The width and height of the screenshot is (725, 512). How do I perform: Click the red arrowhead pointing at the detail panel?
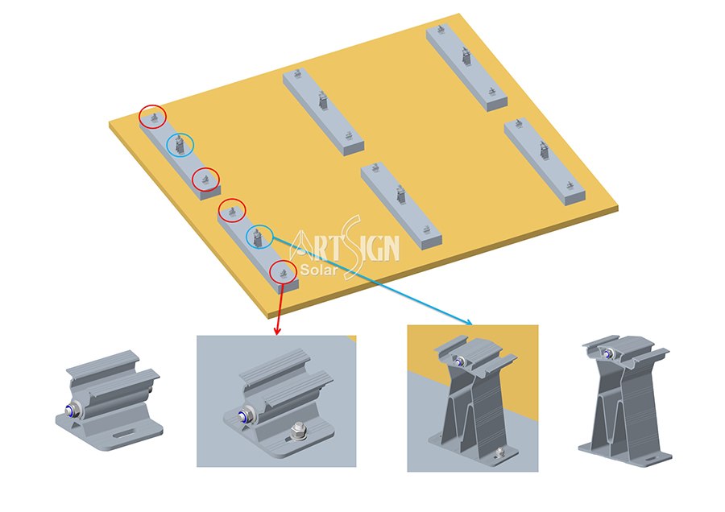coord(277,331)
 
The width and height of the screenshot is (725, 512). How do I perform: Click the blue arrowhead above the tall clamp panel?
coord(468,322)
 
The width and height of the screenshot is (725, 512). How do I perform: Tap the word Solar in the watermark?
coord(318,270)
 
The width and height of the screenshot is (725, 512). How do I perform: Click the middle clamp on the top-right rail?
coord(466,56)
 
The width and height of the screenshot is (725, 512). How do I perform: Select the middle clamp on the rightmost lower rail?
coord(545,151)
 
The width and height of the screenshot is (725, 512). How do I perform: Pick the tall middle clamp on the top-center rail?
coord(323,101)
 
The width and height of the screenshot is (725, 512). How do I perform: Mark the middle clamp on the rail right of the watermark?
coord(401,195)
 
